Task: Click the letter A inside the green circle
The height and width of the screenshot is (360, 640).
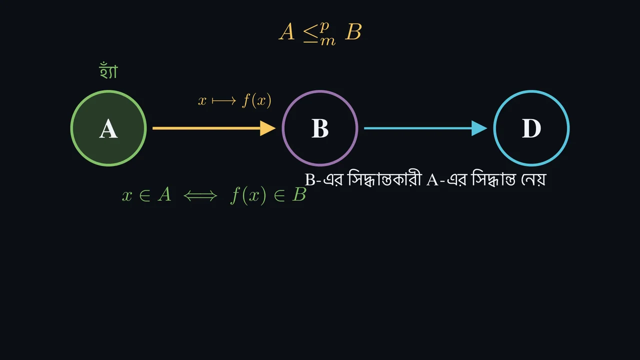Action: pyautogui.click(x=108, y=129)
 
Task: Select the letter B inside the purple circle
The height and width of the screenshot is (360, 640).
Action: pyautogui.click(x=319, y=128)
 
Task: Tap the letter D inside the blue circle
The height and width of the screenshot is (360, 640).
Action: pyautogui.click(x=531, y=128)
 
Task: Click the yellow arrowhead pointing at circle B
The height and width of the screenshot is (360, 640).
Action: pyautogui.click(x=267, y=128)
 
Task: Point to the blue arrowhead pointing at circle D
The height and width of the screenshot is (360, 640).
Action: pyautogui.click(x=479, y=128)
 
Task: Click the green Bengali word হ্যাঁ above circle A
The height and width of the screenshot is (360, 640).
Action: pyautogui.click(x=108, y=70)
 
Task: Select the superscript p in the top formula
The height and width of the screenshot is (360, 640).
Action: pyautogui.click(x=324, y=27)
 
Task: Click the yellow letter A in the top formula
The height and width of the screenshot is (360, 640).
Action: pyautogui.click(x=287, y=32)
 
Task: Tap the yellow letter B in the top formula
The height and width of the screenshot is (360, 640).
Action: pyautogui.click(x=353, y=32)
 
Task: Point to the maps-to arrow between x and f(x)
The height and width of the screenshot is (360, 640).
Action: pyautogui.click(x=224, y=101)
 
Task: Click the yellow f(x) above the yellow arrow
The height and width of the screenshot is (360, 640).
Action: pyautogui.click(x=256, y=101)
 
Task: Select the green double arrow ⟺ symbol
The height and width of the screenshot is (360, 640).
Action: pyautogui.click(x=200, y=196)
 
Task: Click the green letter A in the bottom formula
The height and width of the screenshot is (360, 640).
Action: pyautogui.click(x=164, y=194)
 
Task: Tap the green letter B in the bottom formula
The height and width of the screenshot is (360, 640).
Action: pyautogui.click(x=299, y=194)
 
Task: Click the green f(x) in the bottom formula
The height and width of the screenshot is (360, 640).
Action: pyautogui.click(x=248, y=195)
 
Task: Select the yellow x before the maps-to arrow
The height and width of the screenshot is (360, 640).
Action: pyautogui.click(x=202, y=101)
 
